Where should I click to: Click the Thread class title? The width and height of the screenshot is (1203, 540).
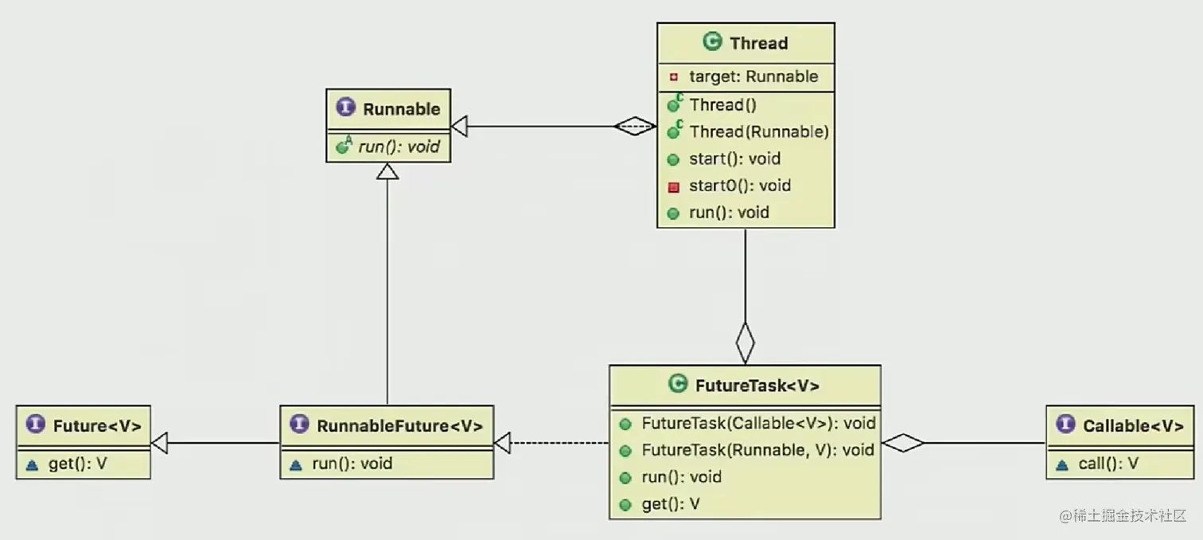coord(758,43)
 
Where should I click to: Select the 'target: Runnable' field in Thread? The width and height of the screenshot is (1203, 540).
coord(753,76)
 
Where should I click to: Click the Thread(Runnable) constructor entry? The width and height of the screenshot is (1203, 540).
coord(758,131)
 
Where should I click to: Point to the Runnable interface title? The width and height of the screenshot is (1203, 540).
coord(401,109)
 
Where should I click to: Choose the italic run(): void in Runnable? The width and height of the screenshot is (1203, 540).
coord(399,147)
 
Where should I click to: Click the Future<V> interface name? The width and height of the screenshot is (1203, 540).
coord(97,426)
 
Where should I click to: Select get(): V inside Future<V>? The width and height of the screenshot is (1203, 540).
coord(77,464)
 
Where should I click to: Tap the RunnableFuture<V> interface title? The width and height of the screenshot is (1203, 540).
coord(399,426)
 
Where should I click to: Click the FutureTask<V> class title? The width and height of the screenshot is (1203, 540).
coord(757,385)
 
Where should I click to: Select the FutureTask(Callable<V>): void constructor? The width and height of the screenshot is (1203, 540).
coord(757,424)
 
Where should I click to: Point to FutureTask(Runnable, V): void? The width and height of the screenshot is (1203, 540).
coord(757,450)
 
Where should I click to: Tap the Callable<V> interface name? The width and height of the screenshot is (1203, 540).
coord(1133,426)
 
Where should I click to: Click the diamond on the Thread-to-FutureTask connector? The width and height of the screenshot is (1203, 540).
coord(745,342)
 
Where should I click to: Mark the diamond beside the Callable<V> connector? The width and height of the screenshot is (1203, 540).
coord(903,443)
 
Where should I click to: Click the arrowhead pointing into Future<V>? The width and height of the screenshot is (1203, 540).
coord(159,443)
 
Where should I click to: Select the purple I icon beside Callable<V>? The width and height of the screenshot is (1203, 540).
coord(1065,425)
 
